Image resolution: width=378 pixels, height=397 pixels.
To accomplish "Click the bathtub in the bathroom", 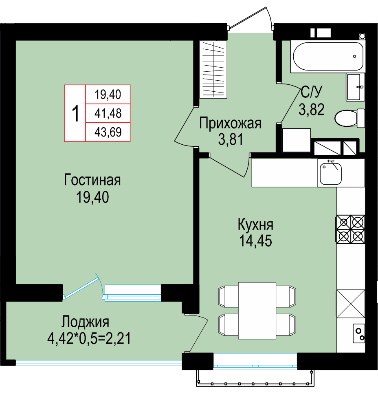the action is pos(327,56).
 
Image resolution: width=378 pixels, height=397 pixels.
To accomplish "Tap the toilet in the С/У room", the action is pos(349,118).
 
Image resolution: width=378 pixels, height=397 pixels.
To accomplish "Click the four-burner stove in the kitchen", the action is pos(350,229).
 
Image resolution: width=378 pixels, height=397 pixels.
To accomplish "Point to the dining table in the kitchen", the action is pos(257,311).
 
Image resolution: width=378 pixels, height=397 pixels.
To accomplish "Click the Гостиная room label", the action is pos(92,180).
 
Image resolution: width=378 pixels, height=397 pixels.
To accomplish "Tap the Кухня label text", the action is pos(255,225).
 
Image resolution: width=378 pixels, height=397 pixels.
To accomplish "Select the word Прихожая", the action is pos(230,124).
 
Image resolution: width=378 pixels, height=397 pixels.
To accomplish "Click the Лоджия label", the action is pos(86,322).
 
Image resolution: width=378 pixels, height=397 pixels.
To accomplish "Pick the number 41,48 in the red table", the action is pos(108,113).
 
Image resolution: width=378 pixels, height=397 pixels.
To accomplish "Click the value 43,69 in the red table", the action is pos(108,132).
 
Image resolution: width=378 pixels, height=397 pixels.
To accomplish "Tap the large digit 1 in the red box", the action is pos(75,114).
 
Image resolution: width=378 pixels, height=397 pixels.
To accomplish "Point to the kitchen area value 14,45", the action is pos(255,241).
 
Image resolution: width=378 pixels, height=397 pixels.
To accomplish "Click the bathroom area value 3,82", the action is pos(312,110).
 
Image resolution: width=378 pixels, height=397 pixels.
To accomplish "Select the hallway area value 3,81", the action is pos(231,139).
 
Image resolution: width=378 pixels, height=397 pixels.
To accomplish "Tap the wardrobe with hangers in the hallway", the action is pos(213,69).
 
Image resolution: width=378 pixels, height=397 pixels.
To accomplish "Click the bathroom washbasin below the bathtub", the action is pos(355,87).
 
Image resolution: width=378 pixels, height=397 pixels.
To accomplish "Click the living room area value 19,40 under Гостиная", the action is pos(92,197).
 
